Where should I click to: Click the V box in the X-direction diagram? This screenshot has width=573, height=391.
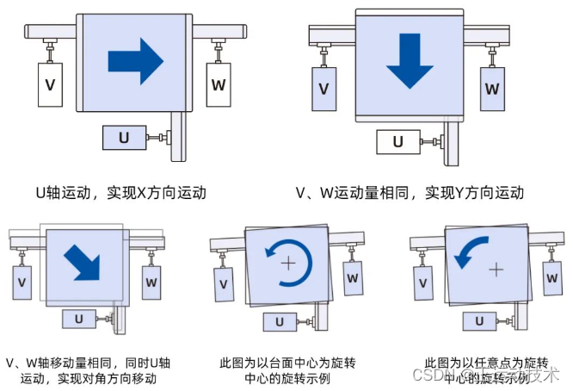click(x=50, y=85)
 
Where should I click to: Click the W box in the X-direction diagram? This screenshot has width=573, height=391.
click(x=219, y=84)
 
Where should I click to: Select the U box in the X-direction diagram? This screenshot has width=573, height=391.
click(x=123, y=137)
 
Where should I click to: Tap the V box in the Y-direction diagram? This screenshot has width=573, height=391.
click(x=323, y=89)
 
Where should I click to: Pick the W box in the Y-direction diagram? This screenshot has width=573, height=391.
click(x=491, y=88)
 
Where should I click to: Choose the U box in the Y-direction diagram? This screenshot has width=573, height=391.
click(x=397, y=142)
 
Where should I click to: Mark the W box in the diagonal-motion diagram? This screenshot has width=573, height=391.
click(x=151, y=281)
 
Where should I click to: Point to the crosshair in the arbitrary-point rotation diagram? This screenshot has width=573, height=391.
click(x=496, y=269)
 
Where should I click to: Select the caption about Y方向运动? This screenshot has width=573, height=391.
click(x=409, y=192)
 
